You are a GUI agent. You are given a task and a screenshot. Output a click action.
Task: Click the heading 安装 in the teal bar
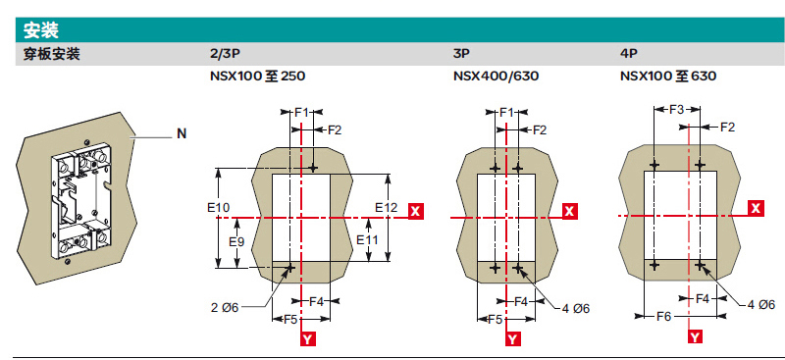click(41, 30)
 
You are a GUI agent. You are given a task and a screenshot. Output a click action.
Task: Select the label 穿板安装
click(52, 55)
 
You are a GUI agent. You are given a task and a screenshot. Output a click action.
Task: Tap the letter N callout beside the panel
click(182, 133)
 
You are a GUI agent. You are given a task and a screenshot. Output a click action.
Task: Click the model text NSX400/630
click(497, 77)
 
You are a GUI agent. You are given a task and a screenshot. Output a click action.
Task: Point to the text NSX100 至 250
click(258, 77)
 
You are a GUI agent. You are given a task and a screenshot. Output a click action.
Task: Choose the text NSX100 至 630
click(668, 77)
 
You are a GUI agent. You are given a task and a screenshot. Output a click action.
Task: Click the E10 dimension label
click(218, 207)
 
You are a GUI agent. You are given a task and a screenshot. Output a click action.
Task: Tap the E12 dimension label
click(386, 207)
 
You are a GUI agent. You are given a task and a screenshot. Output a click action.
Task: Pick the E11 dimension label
click(367, 239)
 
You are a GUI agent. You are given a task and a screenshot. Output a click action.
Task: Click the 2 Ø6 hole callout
click(225, 307)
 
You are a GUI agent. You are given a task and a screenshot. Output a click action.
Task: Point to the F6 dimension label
click(663, 316)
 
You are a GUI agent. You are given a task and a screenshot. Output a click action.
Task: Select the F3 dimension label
click(677, 109)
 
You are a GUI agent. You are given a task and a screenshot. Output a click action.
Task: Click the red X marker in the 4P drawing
click(757, 208)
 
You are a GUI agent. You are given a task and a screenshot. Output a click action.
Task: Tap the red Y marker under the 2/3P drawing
click(308, 339)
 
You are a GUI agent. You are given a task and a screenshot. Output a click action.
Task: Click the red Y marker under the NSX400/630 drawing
click(512, 339)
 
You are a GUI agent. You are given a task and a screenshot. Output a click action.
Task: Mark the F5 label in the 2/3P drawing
click(290, 319)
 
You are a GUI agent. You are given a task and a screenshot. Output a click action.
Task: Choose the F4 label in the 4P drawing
click(703, 299)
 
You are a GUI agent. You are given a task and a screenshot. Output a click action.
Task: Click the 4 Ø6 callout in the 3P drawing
click(575, 308)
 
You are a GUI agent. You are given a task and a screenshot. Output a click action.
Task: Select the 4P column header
click(629, 55)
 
